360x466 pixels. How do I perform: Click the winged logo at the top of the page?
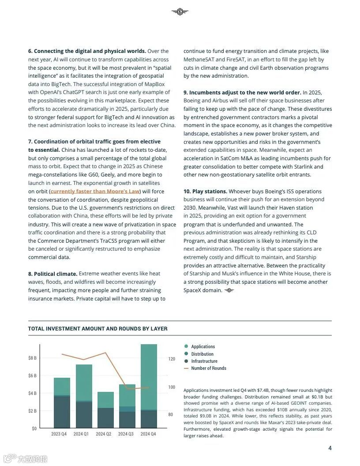click(180, 12)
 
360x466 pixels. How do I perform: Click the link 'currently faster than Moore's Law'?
click(95, 192)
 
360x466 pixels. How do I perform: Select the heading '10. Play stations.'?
click(205, 192)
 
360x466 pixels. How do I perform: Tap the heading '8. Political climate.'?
click(52, 274)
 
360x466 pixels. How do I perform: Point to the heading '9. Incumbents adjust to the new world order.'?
click(242, 93)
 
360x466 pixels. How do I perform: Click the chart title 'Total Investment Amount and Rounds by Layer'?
click(97, 329)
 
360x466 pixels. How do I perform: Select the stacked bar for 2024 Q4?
click(149, 386)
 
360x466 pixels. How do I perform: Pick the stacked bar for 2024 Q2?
click(105, 410)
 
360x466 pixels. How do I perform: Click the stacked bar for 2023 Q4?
click(62, 403)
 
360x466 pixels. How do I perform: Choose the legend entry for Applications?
click(202, 347)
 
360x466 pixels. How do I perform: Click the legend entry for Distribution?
click(202, 354)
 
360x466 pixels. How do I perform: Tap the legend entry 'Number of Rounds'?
click(208, 368)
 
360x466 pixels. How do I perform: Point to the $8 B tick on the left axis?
click(32, 358)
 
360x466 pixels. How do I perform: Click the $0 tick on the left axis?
click(34, 428)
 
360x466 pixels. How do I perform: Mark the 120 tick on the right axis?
click(172, 359)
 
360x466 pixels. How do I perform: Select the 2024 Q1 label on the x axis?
click(81, 434)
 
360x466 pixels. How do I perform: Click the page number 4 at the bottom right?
click(330, 448)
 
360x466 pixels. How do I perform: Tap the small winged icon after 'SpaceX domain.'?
click(229, 290)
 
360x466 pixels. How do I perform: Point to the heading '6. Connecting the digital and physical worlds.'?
click(87, 51)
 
